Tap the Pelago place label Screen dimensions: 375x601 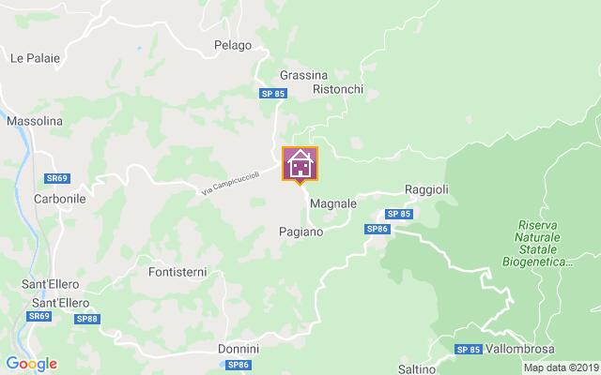[232, 45]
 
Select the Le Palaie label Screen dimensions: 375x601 [35, 58]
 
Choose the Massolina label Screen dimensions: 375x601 [34, 122]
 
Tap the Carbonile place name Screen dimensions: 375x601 [60, 200]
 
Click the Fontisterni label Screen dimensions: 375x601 [177, 273]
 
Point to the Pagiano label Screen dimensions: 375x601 [302, 231]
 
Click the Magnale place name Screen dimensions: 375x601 [332, 203]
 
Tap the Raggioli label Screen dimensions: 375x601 [426, 189]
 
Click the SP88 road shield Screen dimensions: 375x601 [86, 320]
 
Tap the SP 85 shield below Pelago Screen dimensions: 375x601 [273, 93]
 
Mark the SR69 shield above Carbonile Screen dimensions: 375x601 [56, 178]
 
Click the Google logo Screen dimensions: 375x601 [31, 364]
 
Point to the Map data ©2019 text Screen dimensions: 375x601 [561, 367]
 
